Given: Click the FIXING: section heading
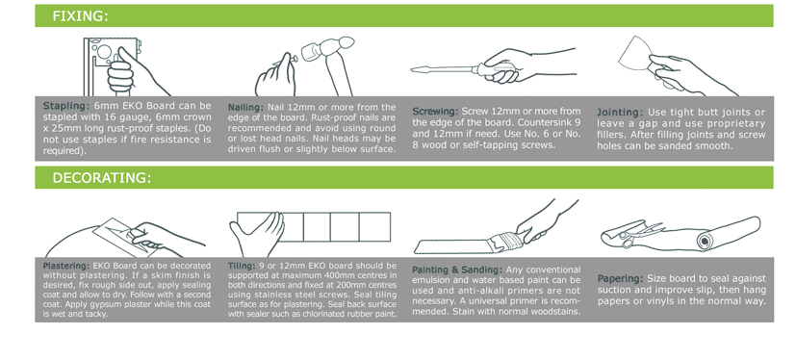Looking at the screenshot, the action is click(x=80, y=16).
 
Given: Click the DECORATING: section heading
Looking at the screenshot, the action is click(x=102, y=178).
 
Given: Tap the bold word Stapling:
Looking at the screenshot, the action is click(x=66, y=106).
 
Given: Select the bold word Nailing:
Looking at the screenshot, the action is click(x=245, y=108).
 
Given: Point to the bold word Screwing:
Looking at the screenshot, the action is click(x=435, y=112).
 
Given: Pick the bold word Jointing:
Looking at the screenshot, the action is click(x=620, y=113).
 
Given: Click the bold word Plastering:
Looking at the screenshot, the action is click(x=66, y=266).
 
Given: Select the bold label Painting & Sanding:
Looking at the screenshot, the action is click(x=457, y=270).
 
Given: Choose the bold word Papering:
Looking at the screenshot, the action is click(x=620, y=279).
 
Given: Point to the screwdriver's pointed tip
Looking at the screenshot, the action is click(x=412, y=69).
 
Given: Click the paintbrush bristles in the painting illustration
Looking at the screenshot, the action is click(x=502, y=243).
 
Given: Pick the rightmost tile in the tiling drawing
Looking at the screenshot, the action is click(x=374, y=227).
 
